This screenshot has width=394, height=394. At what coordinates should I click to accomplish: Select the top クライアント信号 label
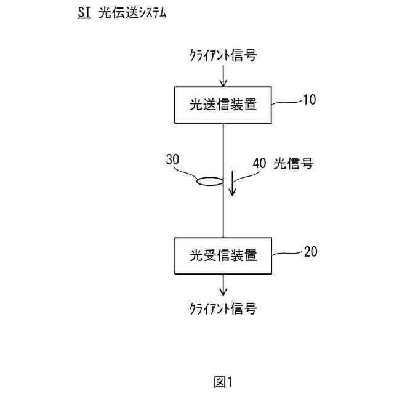222,56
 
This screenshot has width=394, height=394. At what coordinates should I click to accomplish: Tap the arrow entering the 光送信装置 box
223,76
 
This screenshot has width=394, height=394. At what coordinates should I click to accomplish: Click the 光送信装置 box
223,104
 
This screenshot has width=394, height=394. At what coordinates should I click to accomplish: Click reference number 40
259,164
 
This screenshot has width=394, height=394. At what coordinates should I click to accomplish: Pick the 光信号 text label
293,164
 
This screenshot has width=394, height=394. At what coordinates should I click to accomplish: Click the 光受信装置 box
223,255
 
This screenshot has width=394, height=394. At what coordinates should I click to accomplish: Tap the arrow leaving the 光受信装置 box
223,285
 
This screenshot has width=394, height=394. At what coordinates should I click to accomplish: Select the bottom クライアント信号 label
222,308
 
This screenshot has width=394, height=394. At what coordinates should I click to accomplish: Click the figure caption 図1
223,382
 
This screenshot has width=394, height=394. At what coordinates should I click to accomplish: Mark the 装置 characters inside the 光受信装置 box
245,255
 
